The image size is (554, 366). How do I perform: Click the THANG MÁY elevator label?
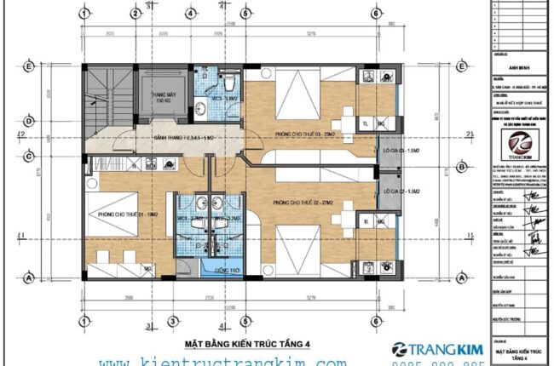164,98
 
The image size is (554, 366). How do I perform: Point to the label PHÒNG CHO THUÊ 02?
303,203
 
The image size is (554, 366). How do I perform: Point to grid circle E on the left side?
29,66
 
